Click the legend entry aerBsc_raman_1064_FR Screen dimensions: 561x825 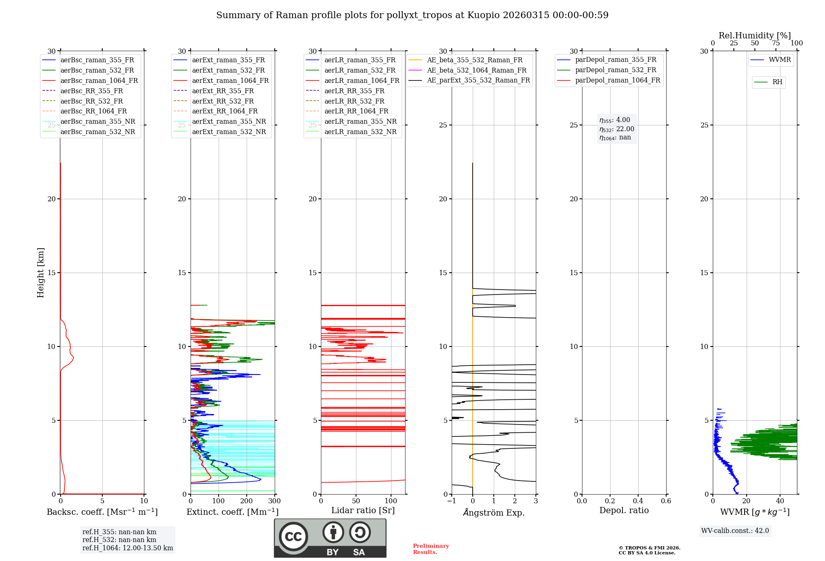(99, 81)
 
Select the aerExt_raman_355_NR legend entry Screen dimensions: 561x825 (229, 122)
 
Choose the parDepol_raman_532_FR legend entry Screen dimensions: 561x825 (615, 70)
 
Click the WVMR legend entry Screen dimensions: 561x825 (780, 60)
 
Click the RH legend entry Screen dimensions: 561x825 (777, 82)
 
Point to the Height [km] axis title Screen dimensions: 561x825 (40, 273)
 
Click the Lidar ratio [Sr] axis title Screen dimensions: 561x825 (363, 510)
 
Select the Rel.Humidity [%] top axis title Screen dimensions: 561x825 (754, 35)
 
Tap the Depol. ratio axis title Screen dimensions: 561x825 (624, 510)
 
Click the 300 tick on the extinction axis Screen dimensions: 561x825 (274, 501)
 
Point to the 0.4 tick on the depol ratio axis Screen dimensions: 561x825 (638, 501)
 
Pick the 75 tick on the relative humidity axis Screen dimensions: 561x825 (775, 43)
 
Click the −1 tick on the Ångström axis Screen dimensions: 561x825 (452, 501)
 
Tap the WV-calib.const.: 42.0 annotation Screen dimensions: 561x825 (735, 531)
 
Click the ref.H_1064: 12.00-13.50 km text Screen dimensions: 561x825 (127, 548)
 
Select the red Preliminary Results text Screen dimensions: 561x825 (431, 549)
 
